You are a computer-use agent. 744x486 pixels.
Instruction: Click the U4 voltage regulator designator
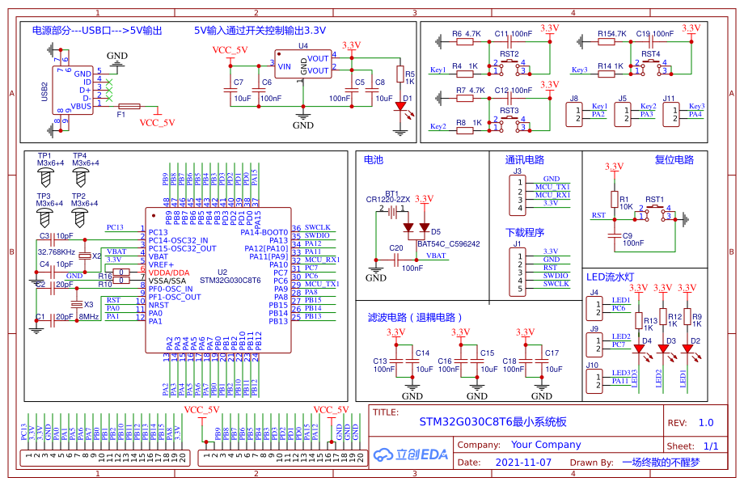coord(303,46)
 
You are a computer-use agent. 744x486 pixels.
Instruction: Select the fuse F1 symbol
coord(129,106)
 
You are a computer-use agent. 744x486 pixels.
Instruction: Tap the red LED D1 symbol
coord(399,107)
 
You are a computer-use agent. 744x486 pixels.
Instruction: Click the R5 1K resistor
coord(399,74)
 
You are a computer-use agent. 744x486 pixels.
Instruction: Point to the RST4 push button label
coord(651,54)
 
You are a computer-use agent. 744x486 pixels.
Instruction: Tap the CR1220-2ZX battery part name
coord(388,199)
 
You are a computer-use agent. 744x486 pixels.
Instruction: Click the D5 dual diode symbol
coord(416,229)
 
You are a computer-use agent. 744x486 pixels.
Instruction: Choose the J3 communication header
coord(516,191)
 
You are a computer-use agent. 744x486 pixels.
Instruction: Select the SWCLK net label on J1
coord(556,284)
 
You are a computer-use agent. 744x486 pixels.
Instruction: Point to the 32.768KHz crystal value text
coord(57,252)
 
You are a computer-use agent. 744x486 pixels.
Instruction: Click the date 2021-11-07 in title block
coord(522,463)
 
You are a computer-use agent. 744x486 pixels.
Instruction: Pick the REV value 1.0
coord(705,422)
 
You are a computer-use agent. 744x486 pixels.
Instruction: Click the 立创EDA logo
coord(411,454)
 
